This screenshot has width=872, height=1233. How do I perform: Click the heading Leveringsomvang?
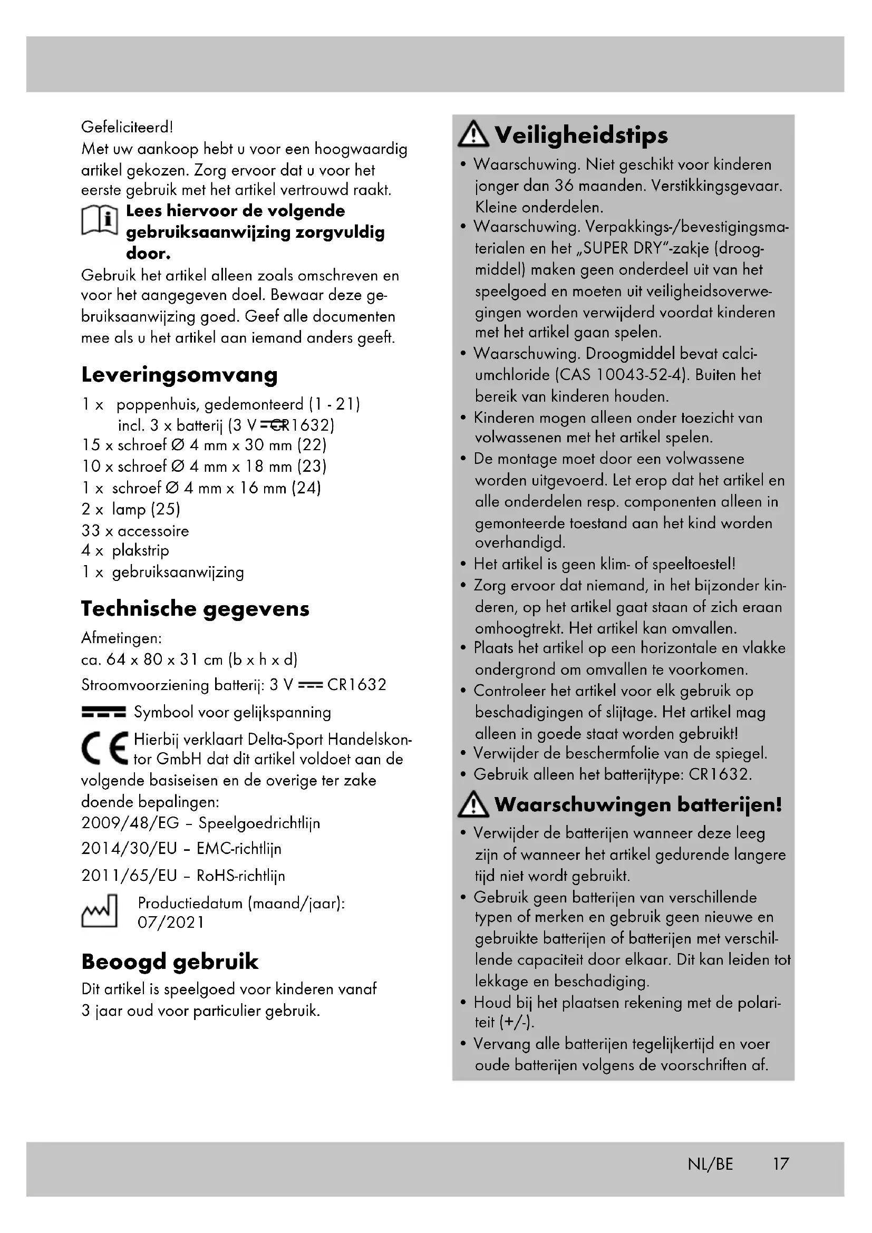[179, 375]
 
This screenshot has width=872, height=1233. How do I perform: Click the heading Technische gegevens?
[195, 609]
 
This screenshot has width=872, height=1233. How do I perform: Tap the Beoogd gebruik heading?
[170, 962]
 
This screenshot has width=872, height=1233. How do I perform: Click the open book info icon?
[99, 220]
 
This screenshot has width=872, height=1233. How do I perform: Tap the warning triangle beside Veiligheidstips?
[473, 134]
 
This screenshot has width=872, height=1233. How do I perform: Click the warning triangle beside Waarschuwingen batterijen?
[473, 805]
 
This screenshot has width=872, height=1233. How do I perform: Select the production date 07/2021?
[171, 923]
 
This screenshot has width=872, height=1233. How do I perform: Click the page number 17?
[781, 1164]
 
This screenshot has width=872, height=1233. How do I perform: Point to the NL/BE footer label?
[710, 1164]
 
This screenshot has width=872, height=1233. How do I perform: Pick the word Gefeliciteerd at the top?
[127, 127]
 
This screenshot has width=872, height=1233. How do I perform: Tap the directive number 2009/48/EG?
[130, 823]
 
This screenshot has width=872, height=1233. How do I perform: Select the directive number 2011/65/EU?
[129, 876]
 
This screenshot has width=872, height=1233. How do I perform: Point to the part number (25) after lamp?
[165, 509]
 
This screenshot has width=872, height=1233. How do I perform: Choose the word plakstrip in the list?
[140, 550]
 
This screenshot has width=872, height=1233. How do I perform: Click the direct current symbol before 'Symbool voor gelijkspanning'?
[104, 712]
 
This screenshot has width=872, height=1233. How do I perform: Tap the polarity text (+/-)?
[517, 1022]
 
